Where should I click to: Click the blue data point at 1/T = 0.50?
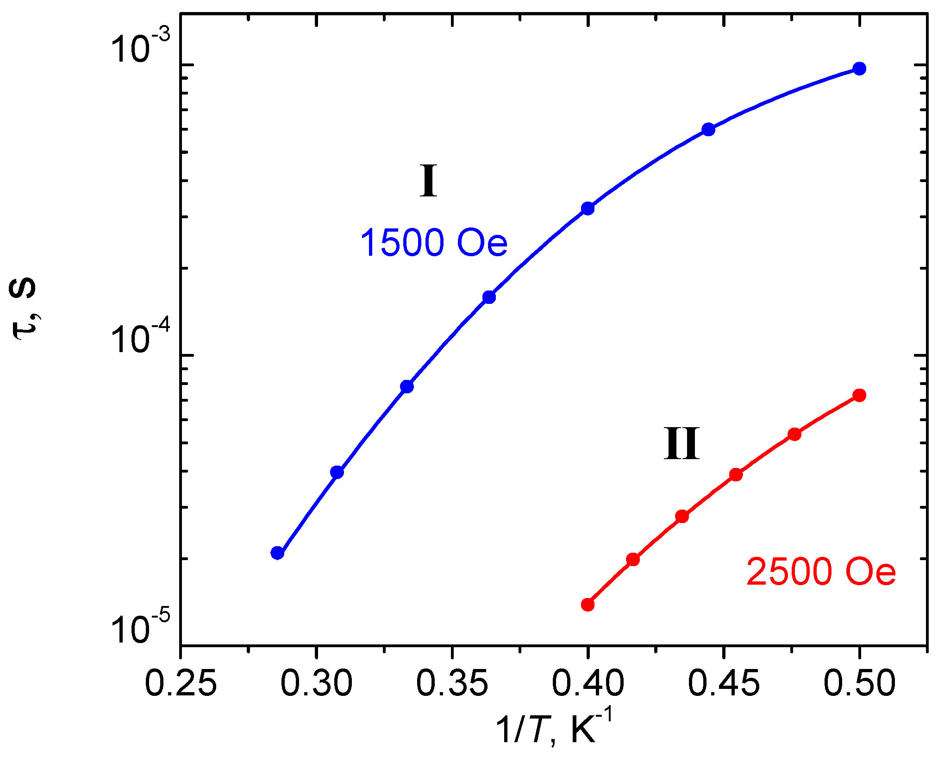(859, 69)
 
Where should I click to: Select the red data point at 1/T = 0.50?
(859, 395)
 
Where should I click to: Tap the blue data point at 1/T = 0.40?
(588, 208)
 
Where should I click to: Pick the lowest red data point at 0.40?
(588, 605)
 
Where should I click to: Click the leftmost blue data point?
(277, 553)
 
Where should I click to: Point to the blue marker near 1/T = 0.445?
(708, 129)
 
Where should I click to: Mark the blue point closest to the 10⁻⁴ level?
(407, 386)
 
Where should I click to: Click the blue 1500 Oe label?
(433, 243)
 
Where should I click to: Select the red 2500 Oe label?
(821, 572)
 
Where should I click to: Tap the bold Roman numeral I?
(428, 181)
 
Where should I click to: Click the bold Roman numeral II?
(681, 444)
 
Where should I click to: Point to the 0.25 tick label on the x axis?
(181, 683)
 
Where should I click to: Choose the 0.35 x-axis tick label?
(452, 683)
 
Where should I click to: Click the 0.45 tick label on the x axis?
(724, 683)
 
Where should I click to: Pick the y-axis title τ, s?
(23, 308)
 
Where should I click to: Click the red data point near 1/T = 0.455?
(736, 474)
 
